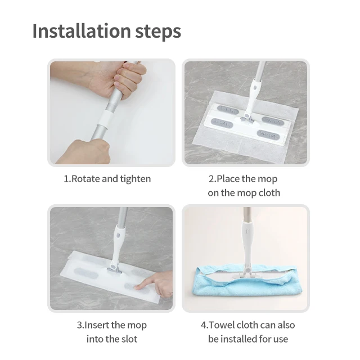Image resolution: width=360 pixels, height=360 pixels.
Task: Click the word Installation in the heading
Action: (82, 31)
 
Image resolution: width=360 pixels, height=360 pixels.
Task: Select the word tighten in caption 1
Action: (136, 179)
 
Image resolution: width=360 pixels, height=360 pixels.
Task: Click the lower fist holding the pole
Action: (85, 151)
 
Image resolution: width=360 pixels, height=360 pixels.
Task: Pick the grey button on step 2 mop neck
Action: (255, 88)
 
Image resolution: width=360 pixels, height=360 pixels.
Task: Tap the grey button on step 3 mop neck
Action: (119, 236)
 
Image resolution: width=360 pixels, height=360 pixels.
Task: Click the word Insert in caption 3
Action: (97, 325)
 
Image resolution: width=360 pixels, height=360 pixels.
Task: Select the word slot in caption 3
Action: (130, 339)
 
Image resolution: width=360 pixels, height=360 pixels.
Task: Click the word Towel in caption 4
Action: (222, 325)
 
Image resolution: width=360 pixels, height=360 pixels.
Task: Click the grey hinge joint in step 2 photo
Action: (246, 119)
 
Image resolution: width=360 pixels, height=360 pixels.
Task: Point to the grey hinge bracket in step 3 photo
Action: (114, 271)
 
